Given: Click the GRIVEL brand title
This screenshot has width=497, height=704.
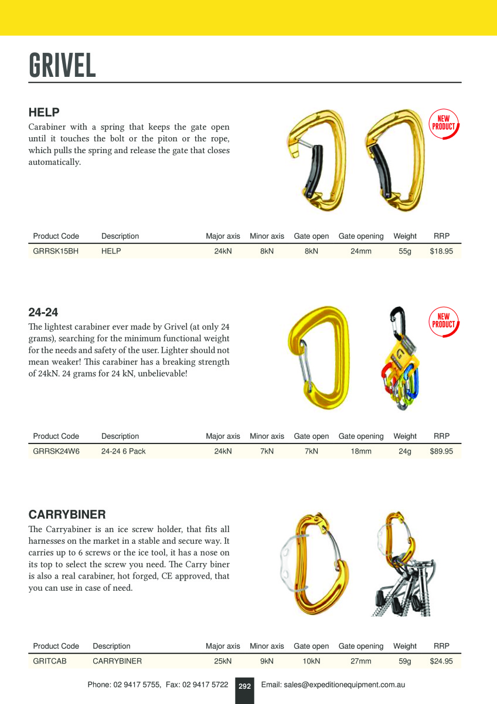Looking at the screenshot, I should tap(62, 65).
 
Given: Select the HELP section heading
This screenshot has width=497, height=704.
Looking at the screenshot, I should tap(44, 112).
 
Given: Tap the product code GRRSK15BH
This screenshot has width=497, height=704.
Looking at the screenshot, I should tap(56, 252).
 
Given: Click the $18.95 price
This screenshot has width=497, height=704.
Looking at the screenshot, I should tap(441, 252).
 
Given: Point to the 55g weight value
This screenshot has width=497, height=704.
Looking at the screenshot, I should tap(405, 252).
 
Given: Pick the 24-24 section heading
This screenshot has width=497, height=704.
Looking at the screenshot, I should tap(43, 312).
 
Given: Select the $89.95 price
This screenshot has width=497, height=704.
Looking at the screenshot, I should tap(441, 452).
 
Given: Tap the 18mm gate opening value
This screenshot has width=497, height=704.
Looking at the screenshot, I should tap(361, 452).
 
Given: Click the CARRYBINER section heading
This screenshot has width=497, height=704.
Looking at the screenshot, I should tap(67, 515).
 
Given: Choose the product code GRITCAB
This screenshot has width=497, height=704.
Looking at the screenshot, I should tap(49, 661).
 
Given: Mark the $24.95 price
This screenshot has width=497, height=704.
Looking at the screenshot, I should tap(441, 661).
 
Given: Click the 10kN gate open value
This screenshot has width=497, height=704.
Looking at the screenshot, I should tap(311, 661).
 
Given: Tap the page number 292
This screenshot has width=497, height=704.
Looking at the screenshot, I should tap(244, 686).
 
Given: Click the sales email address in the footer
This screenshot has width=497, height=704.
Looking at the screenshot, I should tap(333, 685).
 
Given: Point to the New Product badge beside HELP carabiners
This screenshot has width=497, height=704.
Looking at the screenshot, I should tap(443, 124).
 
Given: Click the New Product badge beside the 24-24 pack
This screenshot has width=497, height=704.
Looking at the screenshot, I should tap(443, 321).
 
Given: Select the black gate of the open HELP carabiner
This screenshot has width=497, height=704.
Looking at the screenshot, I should tap(315, 170).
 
